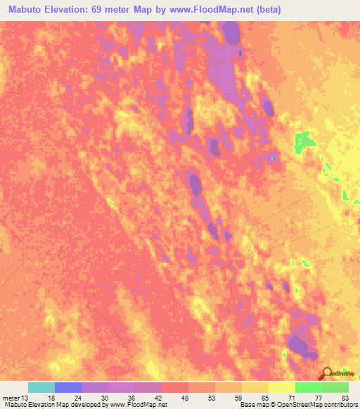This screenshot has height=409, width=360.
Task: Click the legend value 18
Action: tap(51, 397)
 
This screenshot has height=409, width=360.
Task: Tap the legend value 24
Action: tap(78, 397)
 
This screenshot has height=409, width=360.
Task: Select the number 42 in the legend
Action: tap(158, 397)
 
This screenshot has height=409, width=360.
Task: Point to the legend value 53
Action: tap(212, 397)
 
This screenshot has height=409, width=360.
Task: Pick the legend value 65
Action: tap(265, 397)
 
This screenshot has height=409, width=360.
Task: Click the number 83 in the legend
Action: tap(345, 397)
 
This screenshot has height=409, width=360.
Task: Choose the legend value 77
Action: tap(319, 397)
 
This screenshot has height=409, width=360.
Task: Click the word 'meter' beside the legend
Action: tap(11, 397)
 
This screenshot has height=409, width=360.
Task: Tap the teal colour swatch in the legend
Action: tap(41, 387)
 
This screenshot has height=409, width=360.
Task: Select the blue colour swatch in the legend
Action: tap(68, 387)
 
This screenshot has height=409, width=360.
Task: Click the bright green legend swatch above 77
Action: tap(309, 387)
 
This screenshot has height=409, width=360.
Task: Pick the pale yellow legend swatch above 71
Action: tap(282, 387)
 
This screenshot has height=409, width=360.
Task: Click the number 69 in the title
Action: tap(115, 9)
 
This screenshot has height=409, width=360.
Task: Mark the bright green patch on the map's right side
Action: tap(304, 141)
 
